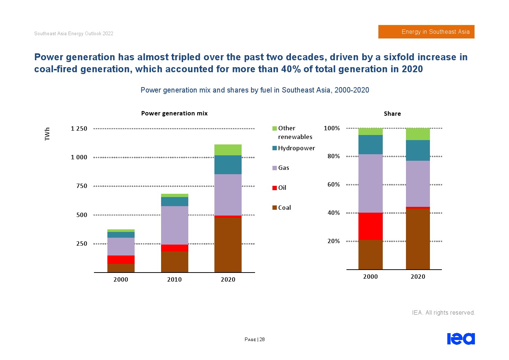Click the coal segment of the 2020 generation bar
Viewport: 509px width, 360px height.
coord(228,245)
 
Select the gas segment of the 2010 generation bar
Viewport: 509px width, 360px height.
coord(175,225)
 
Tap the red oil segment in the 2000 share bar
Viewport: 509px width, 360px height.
coord(370,226)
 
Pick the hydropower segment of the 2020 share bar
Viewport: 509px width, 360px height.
coord(418,150)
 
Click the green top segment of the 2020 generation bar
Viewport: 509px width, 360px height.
coord(228,150)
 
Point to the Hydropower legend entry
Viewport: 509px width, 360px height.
coord(294,148)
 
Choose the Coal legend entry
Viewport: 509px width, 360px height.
coord(282,208)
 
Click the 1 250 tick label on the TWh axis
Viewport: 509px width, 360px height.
coord(79,128)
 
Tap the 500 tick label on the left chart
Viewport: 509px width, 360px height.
coord(82,215)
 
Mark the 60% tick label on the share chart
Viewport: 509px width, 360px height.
coord(333,184)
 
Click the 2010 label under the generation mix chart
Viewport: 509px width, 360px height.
coord(174,279)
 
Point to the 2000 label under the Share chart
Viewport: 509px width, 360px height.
coord(370,277)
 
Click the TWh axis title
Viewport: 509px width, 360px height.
coord(47,134)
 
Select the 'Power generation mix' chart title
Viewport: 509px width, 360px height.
coord(174,113)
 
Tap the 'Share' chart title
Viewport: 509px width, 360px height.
coord(392,114)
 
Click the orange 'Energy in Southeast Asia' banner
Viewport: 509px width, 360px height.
coord(426,32)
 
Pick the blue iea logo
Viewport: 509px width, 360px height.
coord(461,339)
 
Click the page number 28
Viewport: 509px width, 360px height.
coord(262,340)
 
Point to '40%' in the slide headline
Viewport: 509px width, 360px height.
coord(291,69)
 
